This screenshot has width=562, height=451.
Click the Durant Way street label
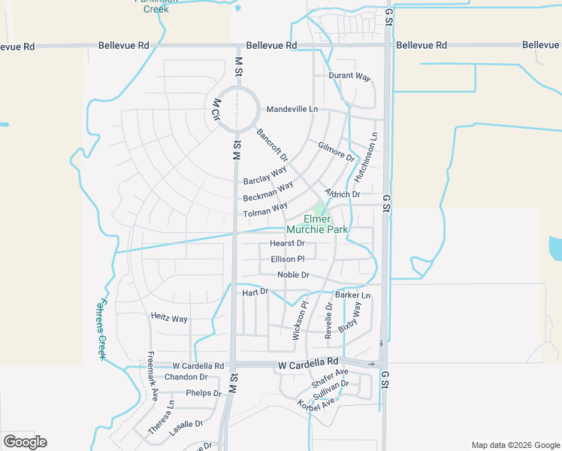point(350,77)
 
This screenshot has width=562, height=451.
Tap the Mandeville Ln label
point(292,109)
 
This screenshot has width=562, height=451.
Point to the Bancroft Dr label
point(272,145)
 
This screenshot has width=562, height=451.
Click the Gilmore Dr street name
point(336,152)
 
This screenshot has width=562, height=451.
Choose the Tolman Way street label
point(265,211)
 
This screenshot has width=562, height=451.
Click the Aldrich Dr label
point(343,194)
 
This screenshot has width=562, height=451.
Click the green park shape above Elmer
point(320,209)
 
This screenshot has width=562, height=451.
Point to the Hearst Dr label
point(287,244)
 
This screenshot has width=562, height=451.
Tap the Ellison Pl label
point(288,259)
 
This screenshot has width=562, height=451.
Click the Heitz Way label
point(169,319)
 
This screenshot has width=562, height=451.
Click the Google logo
point(25,442)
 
